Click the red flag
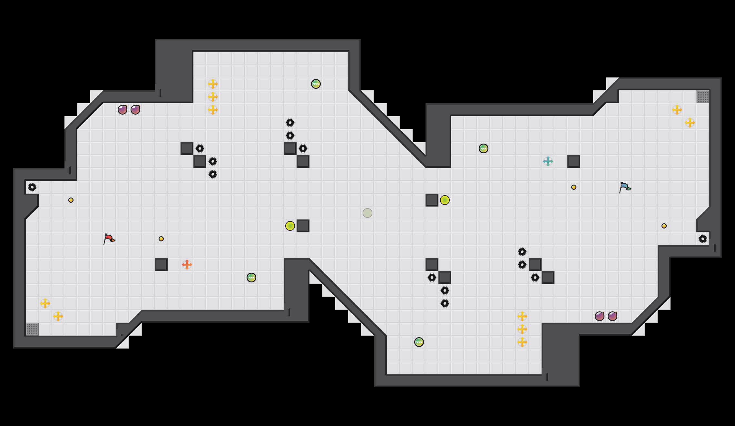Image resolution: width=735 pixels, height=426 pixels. coord(109,239)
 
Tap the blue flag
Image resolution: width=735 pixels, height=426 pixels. coord(625,187)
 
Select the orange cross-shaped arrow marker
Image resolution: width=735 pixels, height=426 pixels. coord(187,265)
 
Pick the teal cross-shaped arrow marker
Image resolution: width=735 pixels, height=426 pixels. coord(548,161)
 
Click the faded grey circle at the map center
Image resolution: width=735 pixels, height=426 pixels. coord(367,213)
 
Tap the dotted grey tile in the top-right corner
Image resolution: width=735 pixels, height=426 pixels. coord(703,97)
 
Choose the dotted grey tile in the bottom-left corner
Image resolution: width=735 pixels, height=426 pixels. coord(32,329)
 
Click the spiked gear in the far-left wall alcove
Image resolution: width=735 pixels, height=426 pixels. coord(32,187)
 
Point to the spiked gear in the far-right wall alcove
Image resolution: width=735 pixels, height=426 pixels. coord(703,239)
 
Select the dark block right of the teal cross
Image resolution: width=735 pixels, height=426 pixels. coord(574,161)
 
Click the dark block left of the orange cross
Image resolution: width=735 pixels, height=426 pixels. coord(161,265)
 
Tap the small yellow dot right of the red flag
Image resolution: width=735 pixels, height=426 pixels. coord(161,239)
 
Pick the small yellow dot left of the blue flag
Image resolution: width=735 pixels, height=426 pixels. coord(574,187)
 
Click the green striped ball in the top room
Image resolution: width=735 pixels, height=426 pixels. coord(316,84)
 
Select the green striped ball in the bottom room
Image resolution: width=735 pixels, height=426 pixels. coord(419,342)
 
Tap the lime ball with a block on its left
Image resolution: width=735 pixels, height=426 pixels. coord(445,200)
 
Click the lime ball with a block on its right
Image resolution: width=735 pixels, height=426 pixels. coord(290,226)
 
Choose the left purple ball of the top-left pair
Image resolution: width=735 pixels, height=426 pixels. coord(122,110)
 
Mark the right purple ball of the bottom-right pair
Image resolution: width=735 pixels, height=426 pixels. coord(612,316)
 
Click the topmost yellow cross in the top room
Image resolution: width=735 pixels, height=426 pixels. coord(213,84)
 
